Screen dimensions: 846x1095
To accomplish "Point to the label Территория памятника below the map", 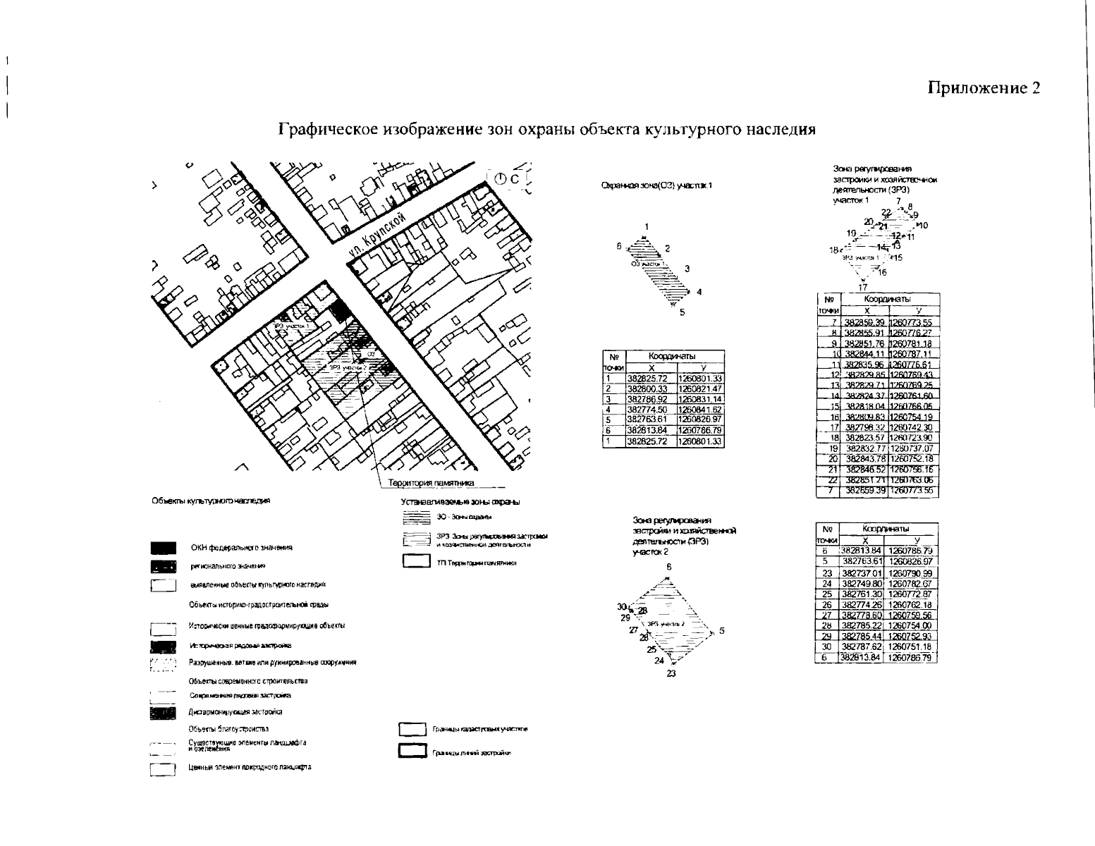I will (431, 482).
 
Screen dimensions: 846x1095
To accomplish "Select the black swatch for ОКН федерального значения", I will (163, 548).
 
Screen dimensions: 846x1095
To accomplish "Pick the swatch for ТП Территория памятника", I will (416, 562).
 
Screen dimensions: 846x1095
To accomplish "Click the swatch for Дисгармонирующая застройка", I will (163, 713).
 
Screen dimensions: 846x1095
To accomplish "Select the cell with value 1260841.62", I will (699, 409).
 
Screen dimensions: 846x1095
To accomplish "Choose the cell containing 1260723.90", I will (912, 437).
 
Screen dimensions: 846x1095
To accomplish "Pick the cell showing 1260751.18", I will (910, 646).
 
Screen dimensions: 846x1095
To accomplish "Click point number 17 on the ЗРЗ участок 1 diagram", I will (862, 287).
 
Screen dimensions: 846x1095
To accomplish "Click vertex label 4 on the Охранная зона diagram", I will (699, 292).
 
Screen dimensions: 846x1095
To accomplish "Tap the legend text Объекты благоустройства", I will (228, 729).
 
